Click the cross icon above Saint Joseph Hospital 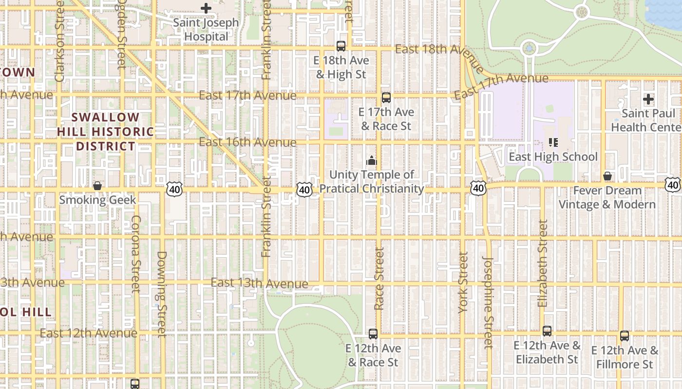tap(206, 8)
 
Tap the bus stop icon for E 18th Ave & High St tap(341, 46)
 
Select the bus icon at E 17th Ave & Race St tap(386, 98)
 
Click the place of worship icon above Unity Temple tap(372, 160)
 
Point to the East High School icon tap(553, 142)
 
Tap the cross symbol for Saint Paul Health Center tap(648, 99)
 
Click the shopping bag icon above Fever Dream tap(607, 176)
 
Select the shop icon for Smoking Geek tap(97, 186)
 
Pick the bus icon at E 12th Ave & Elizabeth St tap(547, 331)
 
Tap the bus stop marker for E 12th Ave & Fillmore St tap(625, 336)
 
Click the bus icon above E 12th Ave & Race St tap(373, 334)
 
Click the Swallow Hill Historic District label tap(105, 132)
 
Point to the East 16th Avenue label tap(247, 142)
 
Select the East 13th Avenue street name tap(259, 283)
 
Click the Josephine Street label tap(488, 302)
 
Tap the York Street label tap(463, 282)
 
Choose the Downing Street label tap(162, 294)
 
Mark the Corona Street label tap(136, 254)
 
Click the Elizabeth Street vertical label tap(543, 263)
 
